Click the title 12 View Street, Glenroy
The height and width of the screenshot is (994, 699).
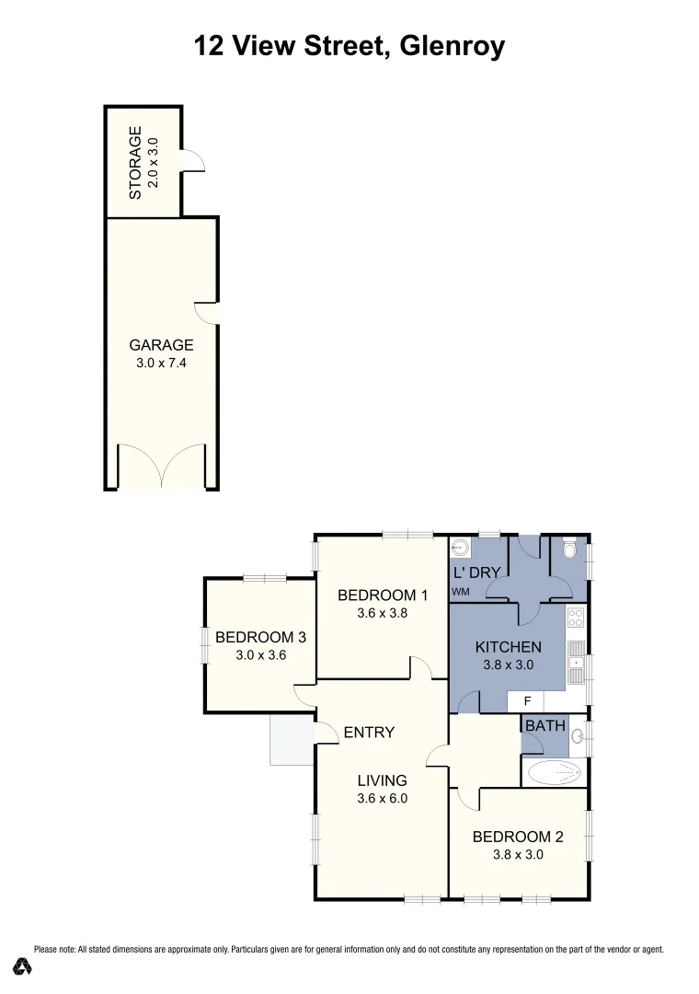tap(349, 45)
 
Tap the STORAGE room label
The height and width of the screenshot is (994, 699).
tap(136, 163)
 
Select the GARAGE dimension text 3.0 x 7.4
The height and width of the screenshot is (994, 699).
tap(161, 364)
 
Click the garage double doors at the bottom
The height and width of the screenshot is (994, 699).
tap(161, 467)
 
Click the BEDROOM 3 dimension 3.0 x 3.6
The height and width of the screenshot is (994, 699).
tap(259, 655)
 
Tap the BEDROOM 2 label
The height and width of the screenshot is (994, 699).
tap(517, 837)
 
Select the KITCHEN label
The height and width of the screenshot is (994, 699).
tap(508, 646)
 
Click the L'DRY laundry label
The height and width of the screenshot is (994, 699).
tap(477, 572)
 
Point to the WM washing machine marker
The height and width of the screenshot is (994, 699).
tap(460, 592)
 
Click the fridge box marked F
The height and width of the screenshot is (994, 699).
tap(527, 701)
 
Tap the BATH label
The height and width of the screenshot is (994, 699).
tap(544, 726)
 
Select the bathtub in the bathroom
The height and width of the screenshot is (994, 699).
tap(554, 771)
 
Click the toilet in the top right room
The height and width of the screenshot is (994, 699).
tap(568, 551)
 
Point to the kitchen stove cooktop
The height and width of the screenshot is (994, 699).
tap(576, 617)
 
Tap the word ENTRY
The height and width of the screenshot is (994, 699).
tap(369, 733)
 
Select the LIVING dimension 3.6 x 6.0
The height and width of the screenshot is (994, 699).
tap(382, 799)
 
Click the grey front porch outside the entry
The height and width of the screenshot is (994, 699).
tap(291, 742)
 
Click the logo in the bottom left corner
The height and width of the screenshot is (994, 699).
tap(24, 966)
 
